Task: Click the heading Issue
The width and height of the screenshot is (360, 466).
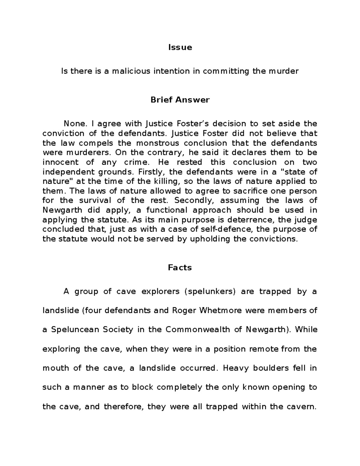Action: [180, 47]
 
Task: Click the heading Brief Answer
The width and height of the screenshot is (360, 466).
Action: [180, 100]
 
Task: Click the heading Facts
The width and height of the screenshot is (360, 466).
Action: [180, 268]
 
